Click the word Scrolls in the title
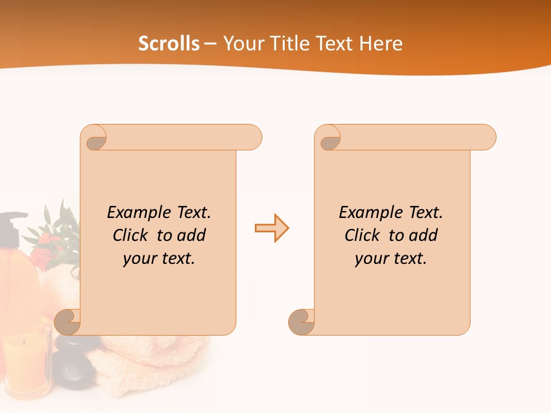[x=169, y=44]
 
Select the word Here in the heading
[x=381, y=44]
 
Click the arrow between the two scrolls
[x=271, y=228]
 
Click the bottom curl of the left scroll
[x=69, y=322]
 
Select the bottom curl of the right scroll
[x=302, y=322]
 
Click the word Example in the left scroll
[x=136, y=212]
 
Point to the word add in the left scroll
[x=191, y=235]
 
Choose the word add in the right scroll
[x=423, y=235]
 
